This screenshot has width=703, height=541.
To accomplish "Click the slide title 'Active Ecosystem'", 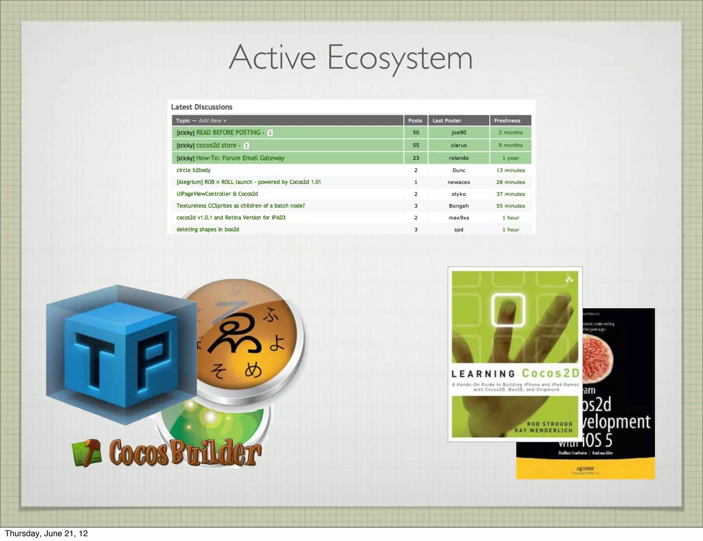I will click(350, 58).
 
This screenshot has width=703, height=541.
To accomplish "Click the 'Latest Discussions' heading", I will click(201, 107).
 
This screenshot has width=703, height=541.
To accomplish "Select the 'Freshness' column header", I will click(507, 120).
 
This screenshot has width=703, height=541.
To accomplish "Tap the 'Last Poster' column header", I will click(447, 120).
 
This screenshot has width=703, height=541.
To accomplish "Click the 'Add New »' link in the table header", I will click(212, 120).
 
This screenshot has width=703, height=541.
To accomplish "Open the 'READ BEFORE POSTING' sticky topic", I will click(228, 133).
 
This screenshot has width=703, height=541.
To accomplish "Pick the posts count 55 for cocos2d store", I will click(416, 145).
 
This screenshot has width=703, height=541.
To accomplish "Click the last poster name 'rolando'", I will click(459, 158).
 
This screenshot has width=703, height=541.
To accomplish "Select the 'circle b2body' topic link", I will click(193, 170).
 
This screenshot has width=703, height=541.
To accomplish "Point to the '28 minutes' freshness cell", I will click(510, 182).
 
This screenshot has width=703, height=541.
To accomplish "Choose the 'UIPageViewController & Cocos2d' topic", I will click(217, 194).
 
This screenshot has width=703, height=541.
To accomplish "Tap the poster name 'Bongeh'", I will click(459, 206).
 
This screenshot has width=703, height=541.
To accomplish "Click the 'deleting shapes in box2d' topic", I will click(208, 230).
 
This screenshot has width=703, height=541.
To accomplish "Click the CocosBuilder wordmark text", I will click(185, 453).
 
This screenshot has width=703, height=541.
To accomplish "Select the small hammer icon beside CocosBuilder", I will click(87, 453).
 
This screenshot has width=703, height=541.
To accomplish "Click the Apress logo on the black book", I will click(585, 469).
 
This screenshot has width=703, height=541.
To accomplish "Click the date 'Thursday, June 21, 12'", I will click(46, 533).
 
